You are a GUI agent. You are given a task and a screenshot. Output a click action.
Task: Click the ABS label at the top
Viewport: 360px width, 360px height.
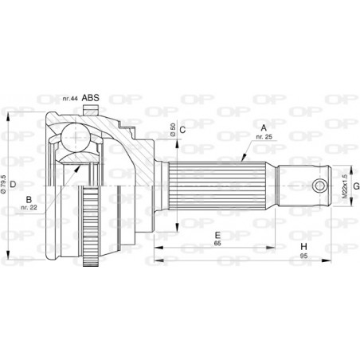click(x=92, y=99)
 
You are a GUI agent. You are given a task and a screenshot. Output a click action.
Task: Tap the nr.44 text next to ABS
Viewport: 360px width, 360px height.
click(x=70, y=99)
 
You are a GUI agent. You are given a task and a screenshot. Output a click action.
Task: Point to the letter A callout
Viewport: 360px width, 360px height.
click(x=262, y=127)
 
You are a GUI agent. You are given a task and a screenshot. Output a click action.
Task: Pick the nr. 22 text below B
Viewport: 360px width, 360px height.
click(x=29, y=209)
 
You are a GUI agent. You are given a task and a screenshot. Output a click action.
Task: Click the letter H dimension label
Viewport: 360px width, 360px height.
click(x=303, y=248)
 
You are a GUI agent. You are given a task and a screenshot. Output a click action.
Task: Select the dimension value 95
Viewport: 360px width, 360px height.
click(x=303, y=257)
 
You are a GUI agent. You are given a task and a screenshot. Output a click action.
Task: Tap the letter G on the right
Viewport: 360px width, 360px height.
click(x=355, y=186)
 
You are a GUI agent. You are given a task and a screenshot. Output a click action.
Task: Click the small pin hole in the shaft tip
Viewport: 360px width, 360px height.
click(x=319, y=186)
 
